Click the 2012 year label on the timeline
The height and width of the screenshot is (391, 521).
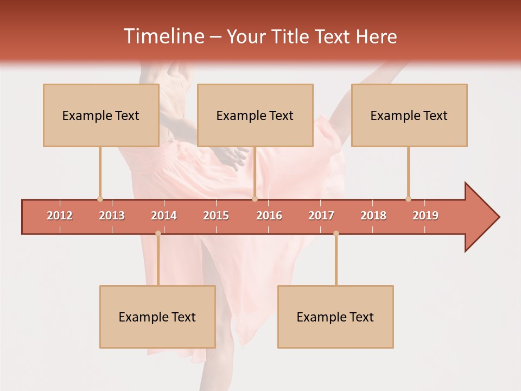(60, 216)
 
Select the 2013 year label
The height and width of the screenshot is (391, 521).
(112, 216)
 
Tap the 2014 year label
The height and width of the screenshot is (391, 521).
(164, 216)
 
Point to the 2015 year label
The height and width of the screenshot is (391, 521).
(216, 216)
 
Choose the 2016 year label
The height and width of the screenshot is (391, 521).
(269, 216)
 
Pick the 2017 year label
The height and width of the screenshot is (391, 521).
(321, 216)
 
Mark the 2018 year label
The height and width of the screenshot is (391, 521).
(373, 216)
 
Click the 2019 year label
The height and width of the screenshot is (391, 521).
(425, 216)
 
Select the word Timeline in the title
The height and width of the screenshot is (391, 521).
(163, 36)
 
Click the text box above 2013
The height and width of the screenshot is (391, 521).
(101, 115)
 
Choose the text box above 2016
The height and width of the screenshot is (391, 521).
(255, 115)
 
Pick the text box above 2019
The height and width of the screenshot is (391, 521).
(409, 115)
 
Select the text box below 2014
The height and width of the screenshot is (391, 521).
(157, 317)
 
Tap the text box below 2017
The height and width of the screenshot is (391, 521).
(335, 317)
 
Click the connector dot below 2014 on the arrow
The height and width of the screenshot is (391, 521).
(158, 234)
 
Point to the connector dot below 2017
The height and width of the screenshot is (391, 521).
(336, 234)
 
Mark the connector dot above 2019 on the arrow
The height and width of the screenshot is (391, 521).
(408, 199)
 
